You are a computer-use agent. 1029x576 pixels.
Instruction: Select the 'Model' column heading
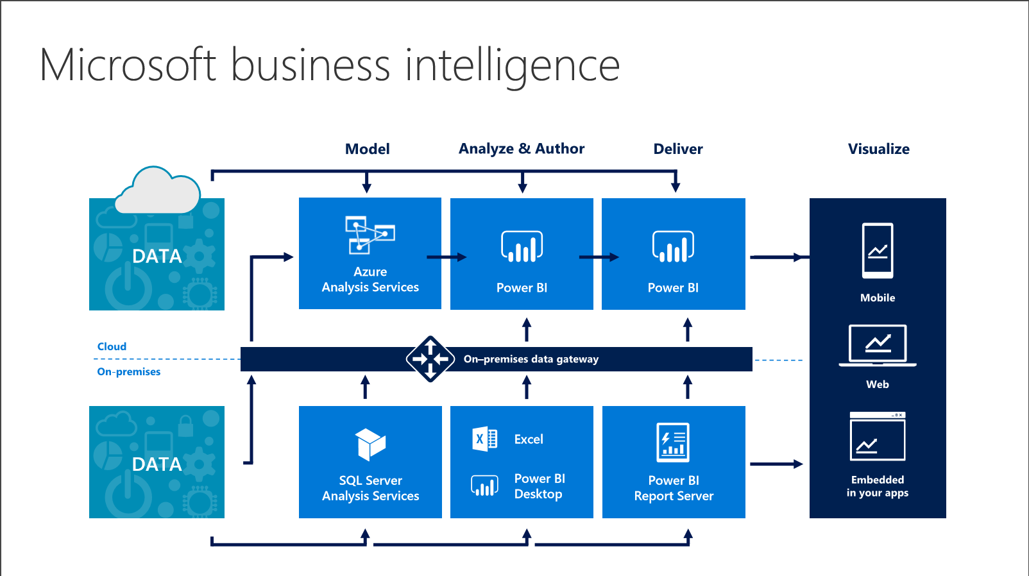367,149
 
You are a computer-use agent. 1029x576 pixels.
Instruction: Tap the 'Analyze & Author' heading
521,149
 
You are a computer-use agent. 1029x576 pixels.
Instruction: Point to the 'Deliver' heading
677,149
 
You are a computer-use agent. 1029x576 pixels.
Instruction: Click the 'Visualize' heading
878,149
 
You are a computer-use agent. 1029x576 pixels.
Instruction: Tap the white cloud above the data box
157,191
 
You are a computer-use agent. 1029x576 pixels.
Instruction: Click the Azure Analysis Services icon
370,235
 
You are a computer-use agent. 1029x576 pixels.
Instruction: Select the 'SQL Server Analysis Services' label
370,488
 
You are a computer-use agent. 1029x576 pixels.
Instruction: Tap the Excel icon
484,439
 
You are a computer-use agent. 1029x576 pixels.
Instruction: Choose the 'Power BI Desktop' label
539,486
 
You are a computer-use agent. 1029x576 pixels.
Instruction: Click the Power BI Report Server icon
673,442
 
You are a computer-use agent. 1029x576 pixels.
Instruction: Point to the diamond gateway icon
430,359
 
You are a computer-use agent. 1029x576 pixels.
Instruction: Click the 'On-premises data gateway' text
531,359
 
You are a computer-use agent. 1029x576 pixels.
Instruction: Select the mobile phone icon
877,250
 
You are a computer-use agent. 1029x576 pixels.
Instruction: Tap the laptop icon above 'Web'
877,345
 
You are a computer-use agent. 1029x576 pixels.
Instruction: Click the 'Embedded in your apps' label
877,486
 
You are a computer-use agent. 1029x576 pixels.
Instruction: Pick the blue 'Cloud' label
112,346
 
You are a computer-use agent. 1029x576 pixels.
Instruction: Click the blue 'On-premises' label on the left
128,371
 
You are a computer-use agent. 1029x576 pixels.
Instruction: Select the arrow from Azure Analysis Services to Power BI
446,257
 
